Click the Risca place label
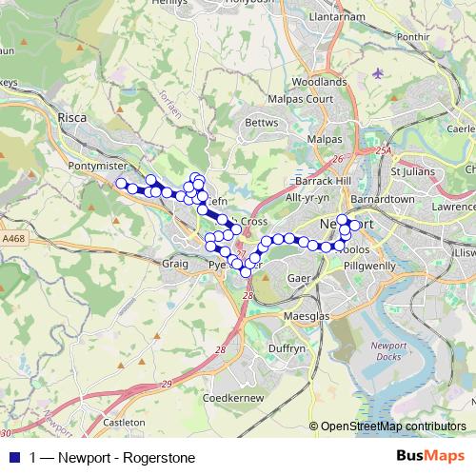[72, 118]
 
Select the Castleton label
[124, 421]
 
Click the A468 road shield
[16, 238]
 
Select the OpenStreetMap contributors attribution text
[393, 426]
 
